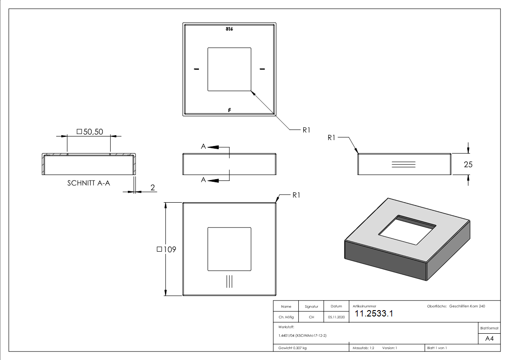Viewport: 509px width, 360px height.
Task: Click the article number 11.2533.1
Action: pyautogui.click(x=373, y=313)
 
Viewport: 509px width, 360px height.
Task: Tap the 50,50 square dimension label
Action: pyautogui.click(x=90, y=131)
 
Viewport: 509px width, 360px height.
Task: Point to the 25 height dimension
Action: pyautogui.click(x=468, y=165)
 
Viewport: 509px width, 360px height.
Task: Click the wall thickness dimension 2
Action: pyautogui.click(x=153, y=187)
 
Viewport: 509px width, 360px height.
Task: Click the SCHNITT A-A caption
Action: pyautogui.click(x=89, y=183)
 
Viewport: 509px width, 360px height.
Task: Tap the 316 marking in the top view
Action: pyautogui.click(x=229, y=29)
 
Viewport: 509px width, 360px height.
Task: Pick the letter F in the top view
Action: pyautogui.click(x=229, y=110)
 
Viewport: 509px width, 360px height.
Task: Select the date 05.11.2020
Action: pyautogui.click(x=336, y=317)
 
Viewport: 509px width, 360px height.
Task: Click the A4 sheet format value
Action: pyautogui.click(x=489, y=339)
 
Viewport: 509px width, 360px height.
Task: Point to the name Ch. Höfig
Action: pyautogui.click(x=286, y=317)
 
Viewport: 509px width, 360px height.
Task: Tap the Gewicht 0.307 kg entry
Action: pyautogui.click(x=292, y=348)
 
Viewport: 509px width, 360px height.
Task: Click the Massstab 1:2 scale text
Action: pyautogui.click(x=363, y=348)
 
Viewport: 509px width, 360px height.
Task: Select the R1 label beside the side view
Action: pyautogui.click(x=331, y=138)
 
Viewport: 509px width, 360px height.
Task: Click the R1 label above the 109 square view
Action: pyautogui.click(x=296, y=195)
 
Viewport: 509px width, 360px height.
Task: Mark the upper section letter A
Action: pyautogui.click(x=203, y=146)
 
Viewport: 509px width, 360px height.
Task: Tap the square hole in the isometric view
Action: pyautogui.click(x=407, y=230)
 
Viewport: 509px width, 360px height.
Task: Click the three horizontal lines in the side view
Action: pyautogui.click(x=403, y=164)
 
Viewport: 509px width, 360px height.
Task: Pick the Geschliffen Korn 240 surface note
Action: pyautogui.click(x=467, y=306)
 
